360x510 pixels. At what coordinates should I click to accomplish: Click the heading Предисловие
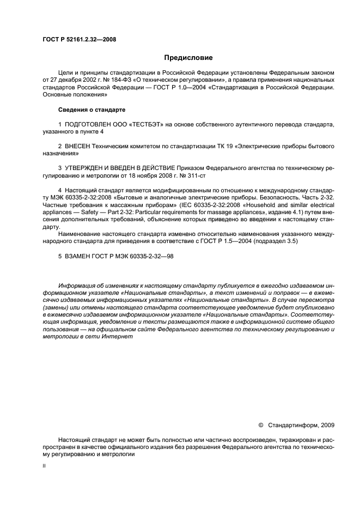pyautogui.click(x=188, y=58)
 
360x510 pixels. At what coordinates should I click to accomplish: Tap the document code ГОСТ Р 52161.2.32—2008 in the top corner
pyautogui.click(x=79, y=39)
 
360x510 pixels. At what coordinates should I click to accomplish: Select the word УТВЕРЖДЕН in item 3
pyautogui.click(x=89, y=169)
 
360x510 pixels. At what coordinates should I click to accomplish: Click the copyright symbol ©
pyautogui.click(x=260, y=425)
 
